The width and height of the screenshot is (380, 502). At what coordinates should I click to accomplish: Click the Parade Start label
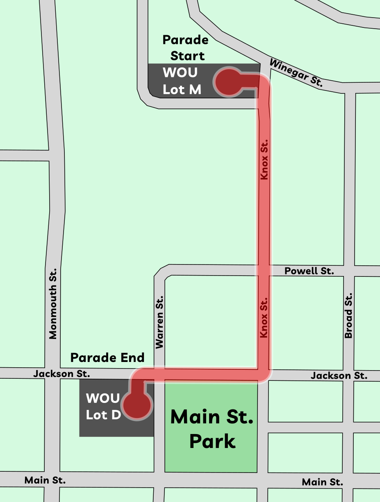[185, 47]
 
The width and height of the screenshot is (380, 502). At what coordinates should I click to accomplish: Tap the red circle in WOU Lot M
[228, 83]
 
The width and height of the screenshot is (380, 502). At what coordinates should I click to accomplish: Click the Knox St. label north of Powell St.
[264, 159]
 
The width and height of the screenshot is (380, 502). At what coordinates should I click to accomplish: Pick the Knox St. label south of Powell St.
[264, 317]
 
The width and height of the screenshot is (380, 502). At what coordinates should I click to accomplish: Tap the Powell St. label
[309, 271]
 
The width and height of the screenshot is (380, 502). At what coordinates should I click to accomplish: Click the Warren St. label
[159, 323]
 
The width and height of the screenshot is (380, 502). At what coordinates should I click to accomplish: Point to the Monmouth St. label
[53, 303]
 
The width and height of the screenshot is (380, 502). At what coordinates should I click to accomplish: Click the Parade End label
[107, 357]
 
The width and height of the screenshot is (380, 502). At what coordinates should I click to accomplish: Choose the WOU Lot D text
[103, 406]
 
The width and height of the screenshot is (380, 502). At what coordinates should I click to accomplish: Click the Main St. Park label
[212, 429]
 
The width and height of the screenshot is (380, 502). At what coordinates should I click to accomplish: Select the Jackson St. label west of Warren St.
[61, 373]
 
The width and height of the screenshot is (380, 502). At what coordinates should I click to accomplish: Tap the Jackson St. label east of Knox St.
[339, 375]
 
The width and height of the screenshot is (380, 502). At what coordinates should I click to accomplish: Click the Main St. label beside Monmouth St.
[45, 480]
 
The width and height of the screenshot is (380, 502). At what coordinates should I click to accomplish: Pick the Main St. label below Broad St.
[323, 482]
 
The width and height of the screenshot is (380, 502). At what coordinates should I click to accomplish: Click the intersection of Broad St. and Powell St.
[349, 271]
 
